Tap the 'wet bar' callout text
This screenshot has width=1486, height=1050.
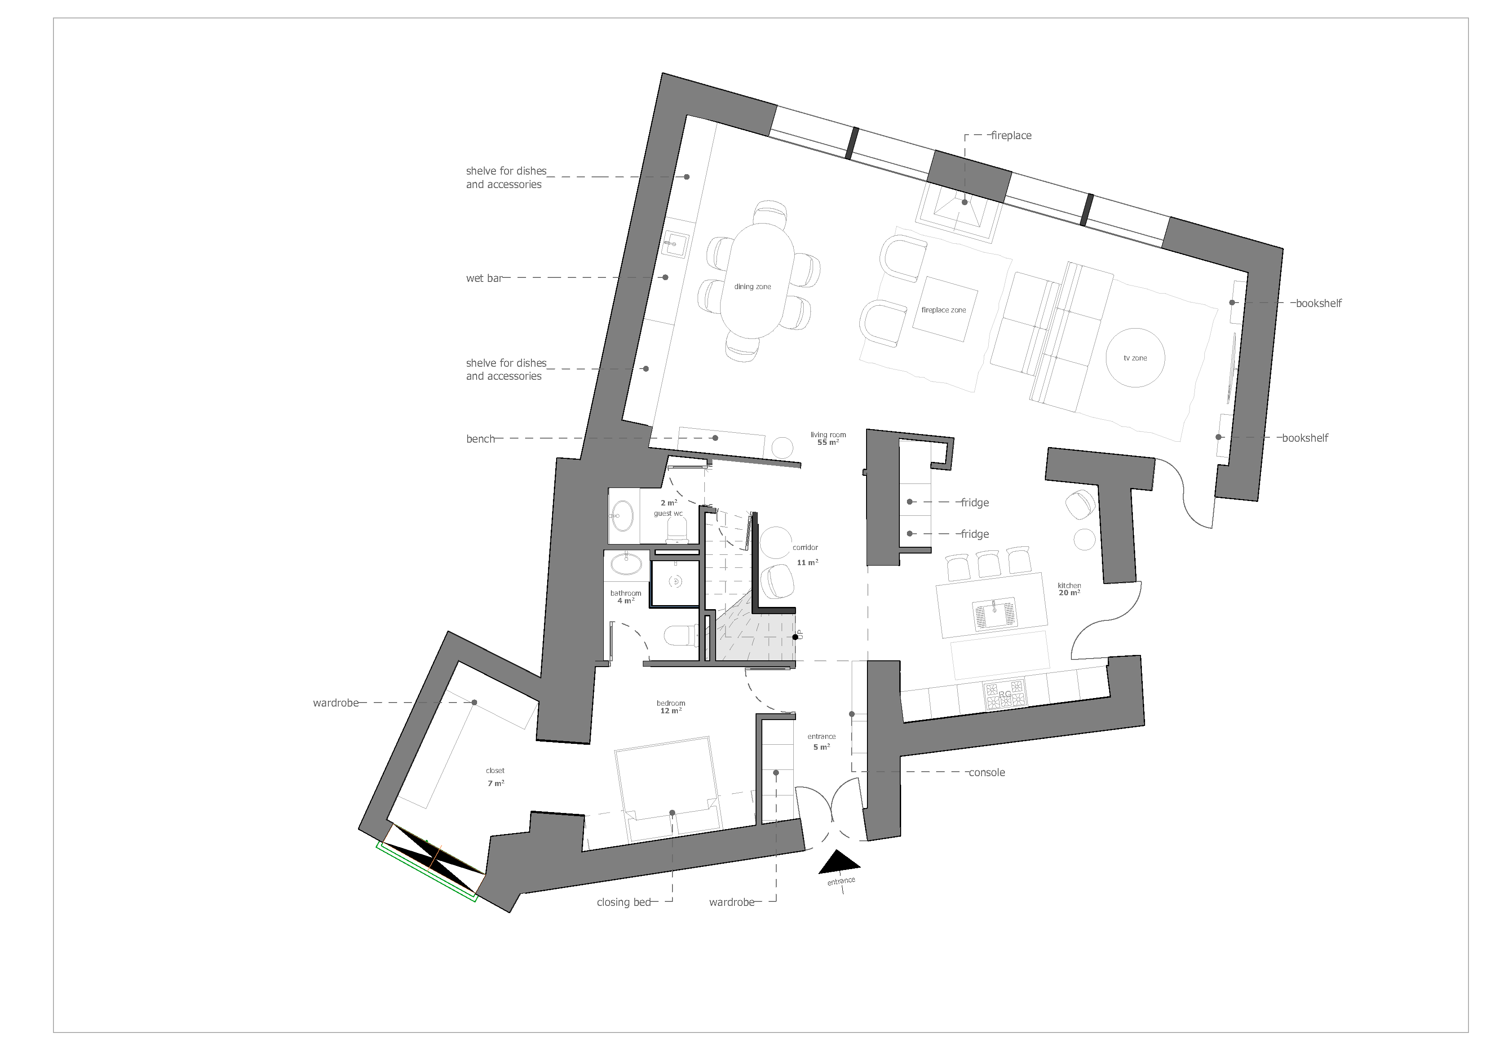[484, 279]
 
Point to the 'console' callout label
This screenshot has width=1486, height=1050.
[986, 773]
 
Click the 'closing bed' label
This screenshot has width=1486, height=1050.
[624, 902]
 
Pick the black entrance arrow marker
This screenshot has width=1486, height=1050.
[840, 862]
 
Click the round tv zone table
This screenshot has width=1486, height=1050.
[1135, 358]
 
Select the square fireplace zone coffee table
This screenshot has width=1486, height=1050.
[944, 310]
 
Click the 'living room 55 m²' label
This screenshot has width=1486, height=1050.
[828, 439]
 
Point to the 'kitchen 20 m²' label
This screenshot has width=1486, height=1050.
[1069, 589]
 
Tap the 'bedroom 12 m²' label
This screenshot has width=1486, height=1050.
[671, 707]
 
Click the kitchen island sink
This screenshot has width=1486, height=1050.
[994, 613]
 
